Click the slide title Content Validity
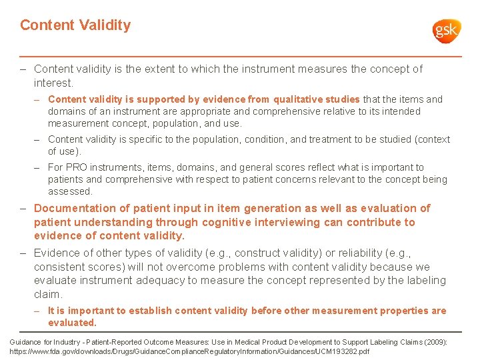[75, 25]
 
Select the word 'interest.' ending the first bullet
[53, 83]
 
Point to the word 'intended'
[401, 111]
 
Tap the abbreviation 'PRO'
[76, 167]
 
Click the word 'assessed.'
[70, 191]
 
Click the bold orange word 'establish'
[153, 311]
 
